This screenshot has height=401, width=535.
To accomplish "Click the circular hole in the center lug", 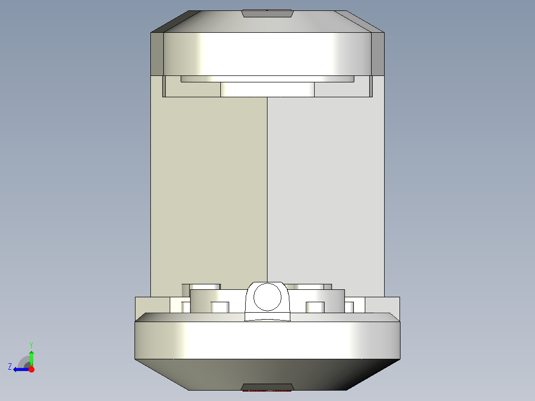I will (267, 297).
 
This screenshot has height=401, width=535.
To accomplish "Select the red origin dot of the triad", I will (31, 369).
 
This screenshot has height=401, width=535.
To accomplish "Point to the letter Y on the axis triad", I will (31, 344).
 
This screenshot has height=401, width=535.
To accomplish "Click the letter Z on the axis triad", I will (10, 367).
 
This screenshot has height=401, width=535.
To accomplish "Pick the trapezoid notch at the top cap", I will (267, 13).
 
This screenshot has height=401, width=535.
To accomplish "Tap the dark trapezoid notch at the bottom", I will (267, 387).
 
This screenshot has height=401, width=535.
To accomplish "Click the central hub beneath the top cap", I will (267, 89).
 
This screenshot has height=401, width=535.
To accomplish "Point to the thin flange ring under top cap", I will (267, 78).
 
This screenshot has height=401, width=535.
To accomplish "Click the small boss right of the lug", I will (315, 307).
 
